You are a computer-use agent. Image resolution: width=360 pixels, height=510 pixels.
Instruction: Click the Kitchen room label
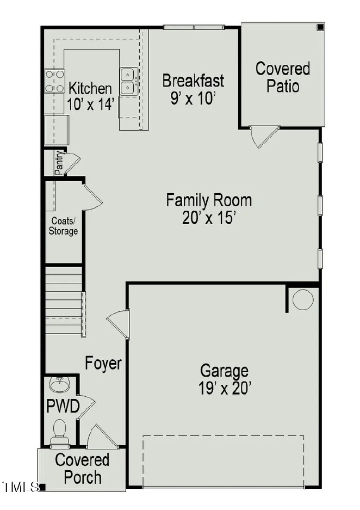pos(90,88)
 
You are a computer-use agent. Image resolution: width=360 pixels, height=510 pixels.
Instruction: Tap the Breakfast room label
pos(193,81)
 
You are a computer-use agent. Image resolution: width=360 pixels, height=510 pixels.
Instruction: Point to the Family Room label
pos(209,200)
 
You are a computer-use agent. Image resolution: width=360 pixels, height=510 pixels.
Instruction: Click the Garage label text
pos(224,371)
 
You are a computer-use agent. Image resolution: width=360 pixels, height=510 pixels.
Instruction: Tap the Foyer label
pos(103,363)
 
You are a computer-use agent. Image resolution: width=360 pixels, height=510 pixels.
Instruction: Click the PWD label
pos(63,406)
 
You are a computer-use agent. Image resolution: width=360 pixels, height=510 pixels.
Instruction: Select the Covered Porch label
pos(82,469)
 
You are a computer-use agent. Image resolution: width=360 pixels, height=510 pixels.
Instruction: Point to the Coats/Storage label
pos(64,226)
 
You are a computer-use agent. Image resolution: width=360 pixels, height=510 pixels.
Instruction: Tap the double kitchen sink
pos(128,81)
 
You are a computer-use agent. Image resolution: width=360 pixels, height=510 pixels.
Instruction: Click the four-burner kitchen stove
pos(54,81)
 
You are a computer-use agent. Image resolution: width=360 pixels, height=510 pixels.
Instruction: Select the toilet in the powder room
pos(59,431)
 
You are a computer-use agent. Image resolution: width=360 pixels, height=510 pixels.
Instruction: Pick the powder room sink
pos(59,385)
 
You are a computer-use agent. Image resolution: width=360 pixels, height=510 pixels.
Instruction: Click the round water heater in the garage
pos(303,299)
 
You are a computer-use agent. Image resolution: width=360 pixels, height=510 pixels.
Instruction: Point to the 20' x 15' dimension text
pos(209,218)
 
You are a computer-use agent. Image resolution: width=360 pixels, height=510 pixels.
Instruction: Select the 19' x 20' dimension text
pos(225,389)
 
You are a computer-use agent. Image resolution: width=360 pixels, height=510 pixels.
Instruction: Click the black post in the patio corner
pos(320,27)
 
